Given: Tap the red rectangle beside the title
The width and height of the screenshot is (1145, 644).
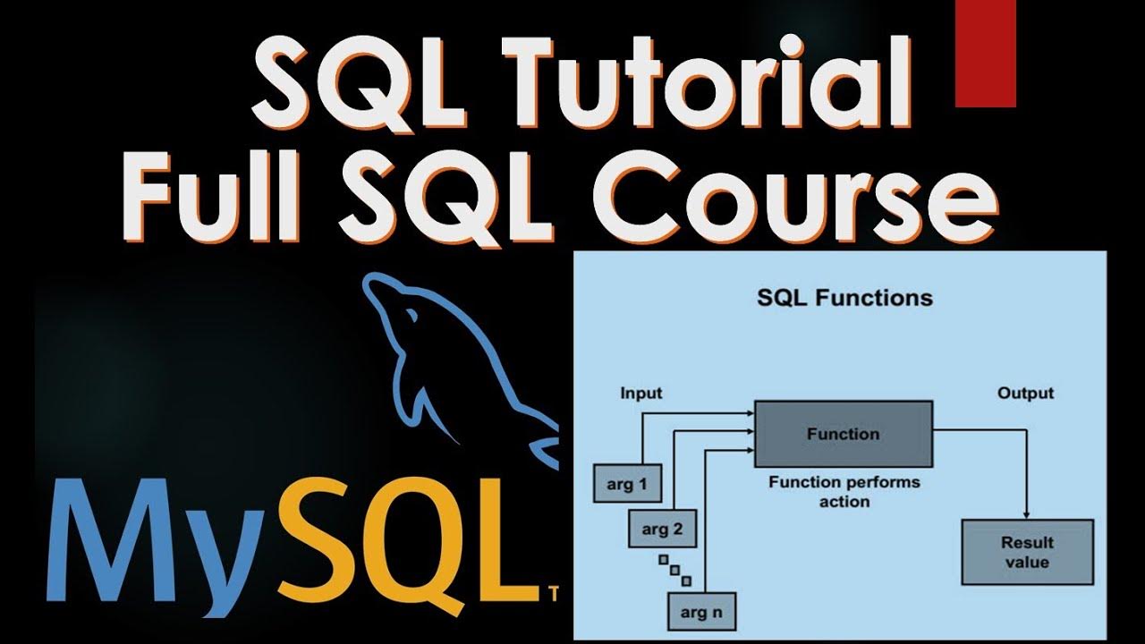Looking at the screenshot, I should (x=985, y=54).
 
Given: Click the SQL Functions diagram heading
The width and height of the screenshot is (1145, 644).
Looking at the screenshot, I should (x=844, y=298).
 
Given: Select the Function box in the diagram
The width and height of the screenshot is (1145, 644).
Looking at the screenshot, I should (x=844, y=435).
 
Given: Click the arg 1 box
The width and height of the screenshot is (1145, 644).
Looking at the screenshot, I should (x=627, y=485).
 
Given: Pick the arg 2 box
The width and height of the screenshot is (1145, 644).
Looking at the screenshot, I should (x=662, y=530).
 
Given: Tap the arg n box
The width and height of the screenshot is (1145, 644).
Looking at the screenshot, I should (x=700, y=613).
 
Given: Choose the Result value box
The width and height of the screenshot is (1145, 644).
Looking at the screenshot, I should (x=1026, y=553).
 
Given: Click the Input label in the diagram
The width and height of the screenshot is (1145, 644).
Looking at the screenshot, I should (x=640, y=393).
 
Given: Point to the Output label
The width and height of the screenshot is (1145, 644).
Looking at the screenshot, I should (x=1025, y=393).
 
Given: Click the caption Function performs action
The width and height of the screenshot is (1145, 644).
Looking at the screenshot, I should (x=844, y=492).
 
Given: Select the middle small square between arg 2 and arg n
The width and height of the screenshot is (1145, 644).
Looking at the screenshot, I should (x=675, y=570).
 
